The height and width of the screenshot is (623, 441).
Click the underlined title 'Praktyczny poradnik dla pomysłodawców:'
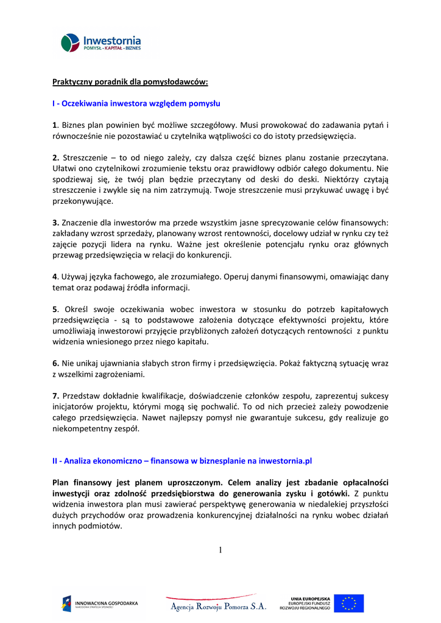click(x=130, y=81)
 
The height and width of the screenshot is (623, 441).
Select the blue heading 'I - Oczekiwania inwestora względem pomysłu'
click(x=136, y=103)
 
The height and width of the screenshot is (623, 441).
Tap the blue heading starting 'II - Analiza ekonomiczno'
click(x=182, y=461)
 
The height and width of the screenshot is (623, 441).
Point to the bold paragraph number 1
click(x=54, y=125)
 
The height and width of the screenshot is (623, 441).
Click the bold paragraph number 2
click(x=55, y=158)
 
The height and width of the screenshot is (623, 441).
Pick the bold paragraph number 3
click(x=55, y=222)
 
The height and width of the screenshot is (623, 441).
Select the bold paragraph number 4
click(x=55, y=276)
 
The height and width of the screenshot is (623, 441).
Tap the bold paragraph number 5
click(x=55, y=309)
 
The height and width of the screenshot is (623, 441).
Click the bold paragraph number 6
click(x=55, y=363)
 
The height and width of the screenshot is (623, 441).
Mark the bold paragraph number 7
click(x=55, y=396)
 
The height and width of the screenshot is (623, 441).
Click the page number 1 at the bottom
click(x=220, y=551)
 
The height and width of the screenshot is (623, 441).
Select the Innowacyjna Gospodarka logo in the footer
click(x=100, y=604)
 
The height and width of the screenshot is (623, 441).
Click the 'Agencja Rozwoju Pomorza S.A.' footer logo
click(x=217, y=605)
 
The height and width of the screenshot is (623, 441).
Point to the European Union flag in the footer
click(x=349, y=603)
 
